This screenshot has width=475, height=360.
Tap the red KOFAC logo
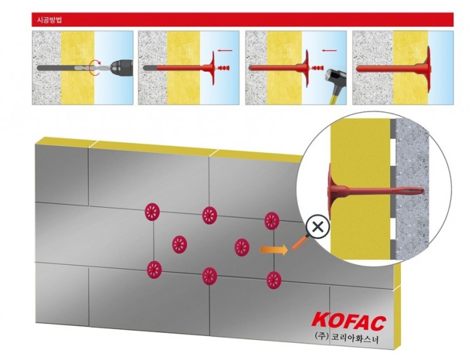[x=349, y=320]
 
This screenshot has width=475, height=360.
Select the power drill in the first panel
[x=120, y=67]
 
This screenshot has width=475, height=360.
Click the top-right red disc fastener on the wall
[x=272, y=221]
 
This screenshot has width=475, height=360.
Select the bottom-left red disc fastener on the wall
[x=153, y=269]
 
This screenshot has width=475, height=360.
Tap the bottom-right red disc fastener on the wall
[x=274, y=280]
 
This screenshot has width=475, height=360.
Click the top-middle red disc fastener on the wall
[x=210, y=215]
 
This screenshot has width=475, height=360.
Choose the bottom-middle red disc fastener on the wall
[x=210, y=275]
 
